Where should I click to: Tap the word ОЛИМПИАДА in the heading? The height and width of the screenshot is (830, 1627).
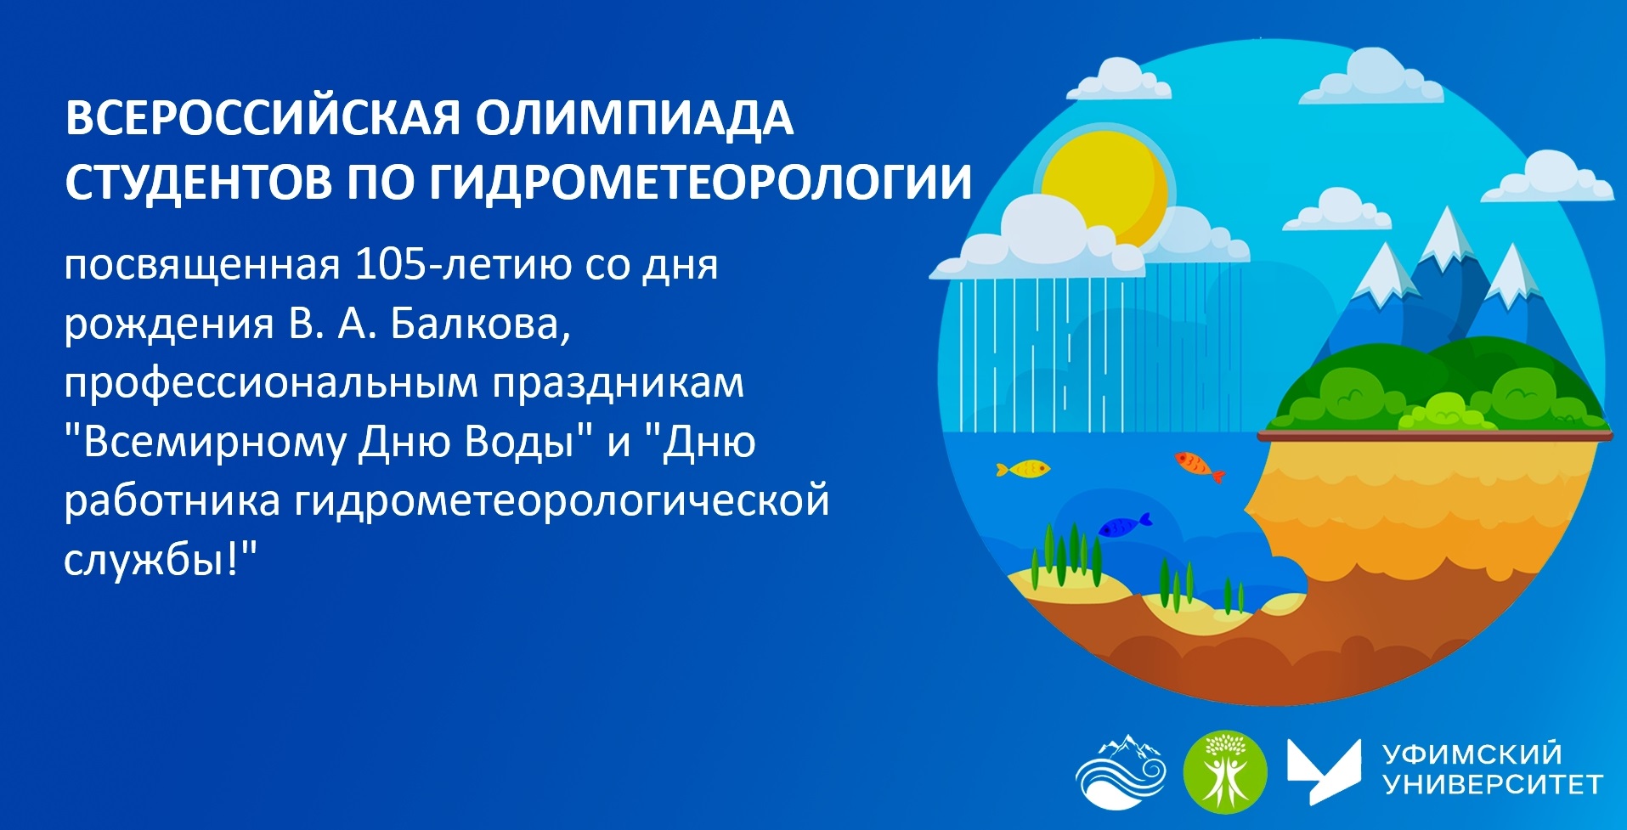[x=635, y=118]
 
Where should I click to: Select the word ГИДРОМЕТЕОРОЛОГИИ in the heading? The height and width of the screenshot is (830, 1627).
[x=700, y=181]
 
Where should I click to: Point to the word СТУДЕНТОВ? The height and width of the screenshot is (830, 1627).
[x=198, y=181]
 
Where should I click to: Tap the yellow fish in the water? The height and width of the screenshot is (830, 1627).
[x=1023, y=468]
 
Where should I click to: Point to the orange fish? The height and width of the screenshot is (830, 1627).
[x=1199, y=465]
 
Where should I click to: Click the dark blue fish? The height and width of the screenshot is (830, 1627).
[x=1124, y=525]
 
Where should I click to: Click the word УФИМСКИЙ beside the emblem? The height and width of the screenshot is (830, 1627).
[x=1472, y=754]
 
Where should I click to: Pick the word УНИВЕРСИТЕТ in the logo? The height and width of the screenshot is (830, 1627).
[x=1493, y=784]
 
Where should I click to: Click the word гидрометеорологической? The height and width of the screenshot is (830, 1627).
[x=562, y=501]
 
